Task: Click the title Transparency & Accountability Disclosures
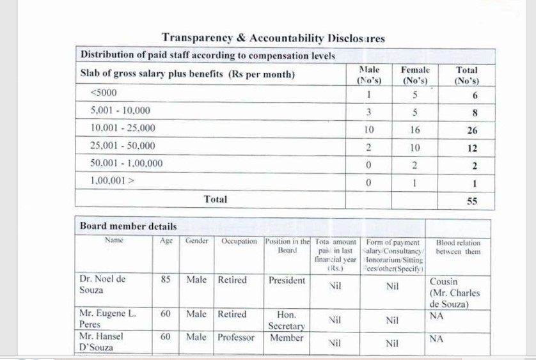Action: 273,38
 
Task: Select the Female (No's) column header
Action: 414,75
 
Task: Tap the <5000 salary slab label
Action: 104,92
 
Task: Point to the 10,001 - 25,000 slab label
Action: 123,128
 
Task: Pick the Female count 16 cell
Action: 414,130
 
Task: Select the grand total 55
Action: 471,201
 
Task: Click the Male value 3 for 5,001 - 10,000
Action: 368,112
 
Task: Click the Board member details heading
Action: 128,226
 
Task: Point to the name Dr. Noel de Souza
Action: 102,285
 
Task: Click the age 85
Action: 166,280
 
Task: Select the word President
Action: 287,280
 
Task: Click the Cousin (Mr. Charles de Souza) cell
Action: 454,292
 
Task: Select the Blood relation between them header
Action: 458,247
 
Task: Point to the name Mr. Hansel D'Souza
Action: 102,341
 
